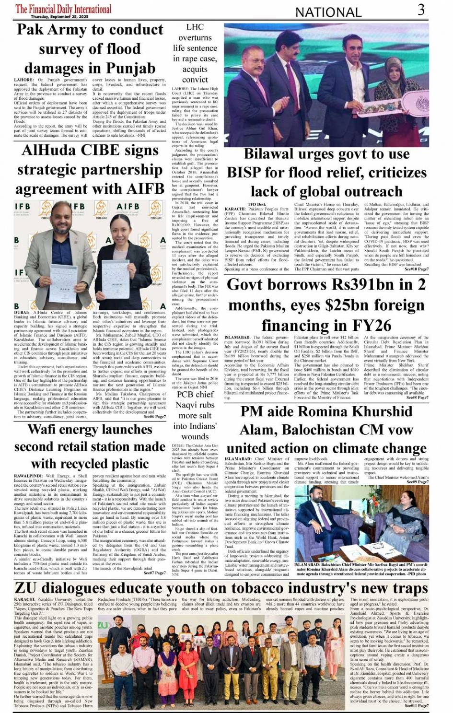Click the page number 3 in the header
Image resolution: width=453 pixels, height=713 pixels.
[x=421, y=10]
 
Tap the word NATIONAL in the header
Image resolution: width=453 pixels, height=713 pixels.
[x=328, y=12]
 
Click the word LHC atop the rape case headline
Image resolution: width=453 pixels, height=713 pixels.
[x=195, y=27]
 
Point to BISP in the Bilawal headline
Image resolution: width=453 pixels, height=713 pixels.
[x=245, y=173]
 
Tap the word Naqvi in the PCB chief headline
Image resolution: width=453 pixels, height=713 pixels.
[x=194, y=405]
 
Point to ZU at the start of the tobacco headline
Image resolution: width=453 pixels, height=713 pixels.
[x=27, y=588]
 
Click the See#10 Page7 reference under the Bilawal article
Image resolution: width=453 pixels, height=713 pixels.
[x=416, y=269]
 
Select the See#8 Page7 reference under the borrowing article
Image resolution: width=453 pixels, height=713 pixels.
[x=417, y=397]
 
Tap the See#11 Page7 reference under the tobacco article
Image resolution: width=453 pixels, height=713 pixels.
[x=416, y=706]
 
